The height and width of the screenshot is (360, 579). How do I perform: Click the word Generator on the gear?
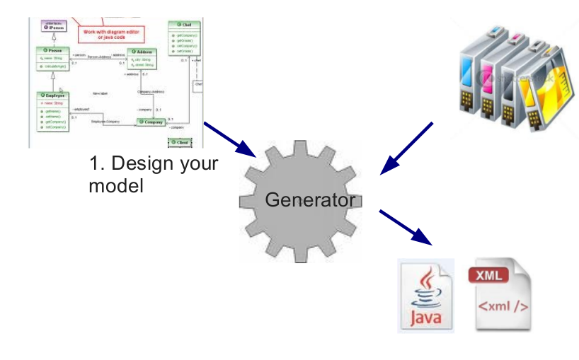point(310,201)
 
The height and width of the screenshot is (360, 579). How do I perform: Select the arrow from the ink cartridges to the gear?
point(406,149)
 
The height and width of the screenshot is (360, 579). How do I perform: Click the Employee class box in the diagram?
point(53,110)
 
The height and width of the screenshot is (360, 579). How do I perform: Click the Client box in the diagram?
point(180,143)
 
